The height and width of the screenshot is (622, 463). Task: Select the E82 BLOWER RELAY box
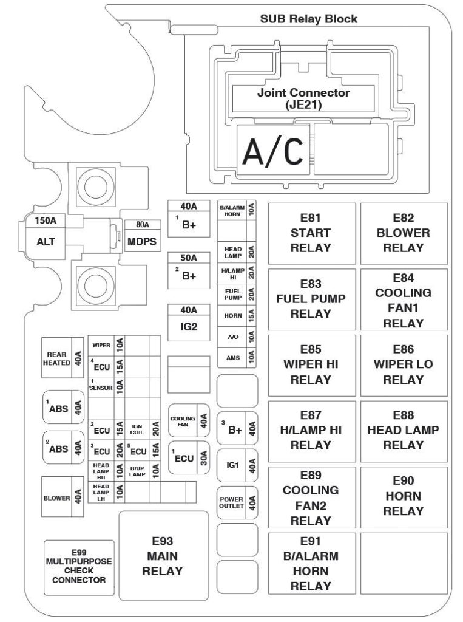(x=404, y=233)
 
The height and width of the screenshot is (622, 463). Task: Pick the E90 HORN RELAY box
(x=404, y=496)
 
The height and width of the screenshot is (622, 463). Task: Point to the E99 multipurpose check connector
(x=79, y=566)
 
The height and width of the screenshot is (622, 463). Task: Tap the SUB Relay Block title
(x=309, y=19)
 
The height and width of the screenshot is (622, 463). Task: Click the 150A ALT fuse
(x=46, y=235)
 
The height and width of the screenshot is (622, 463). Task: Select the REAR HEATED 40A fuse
(x=63, y=358)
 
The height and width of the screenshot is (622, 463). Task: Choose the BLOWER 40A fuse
(x=63, y=497)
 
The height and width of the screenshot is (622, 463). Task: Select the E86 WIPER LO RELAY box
(x=404, y=364)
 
